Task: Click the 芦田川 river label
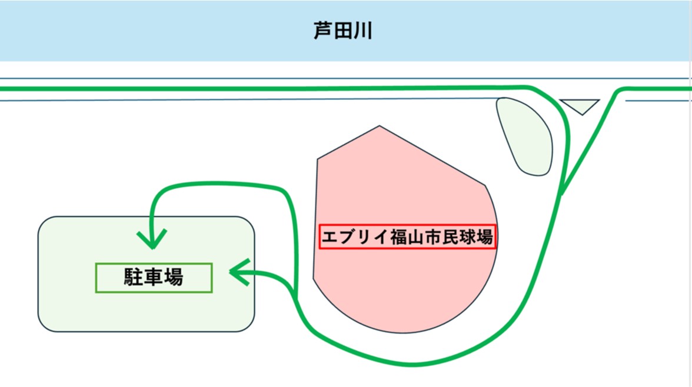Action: [x=342, y=31]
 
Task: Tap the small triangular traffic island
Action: [x=580, y=105]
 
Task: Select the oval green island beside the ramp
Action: [x=525, y=136]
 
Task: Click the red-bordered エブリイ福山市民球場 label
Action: [x=407, y=237]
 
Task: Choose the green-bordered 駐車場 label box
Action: [x=154, y=278]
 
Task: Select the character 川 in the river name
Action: [x=362, y=31]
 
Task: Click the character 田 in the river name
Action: [x=342, y=31]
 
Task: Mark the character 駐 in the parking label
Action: [x=133, y=278]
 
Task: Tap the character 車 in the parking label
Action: [x=154, y=278]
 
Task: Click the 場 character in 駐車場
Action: [x=174, y=278]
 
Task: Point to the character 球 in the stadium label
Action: [x=467, y=238]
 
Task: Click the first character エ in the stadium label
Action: [x=330, y=238]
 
